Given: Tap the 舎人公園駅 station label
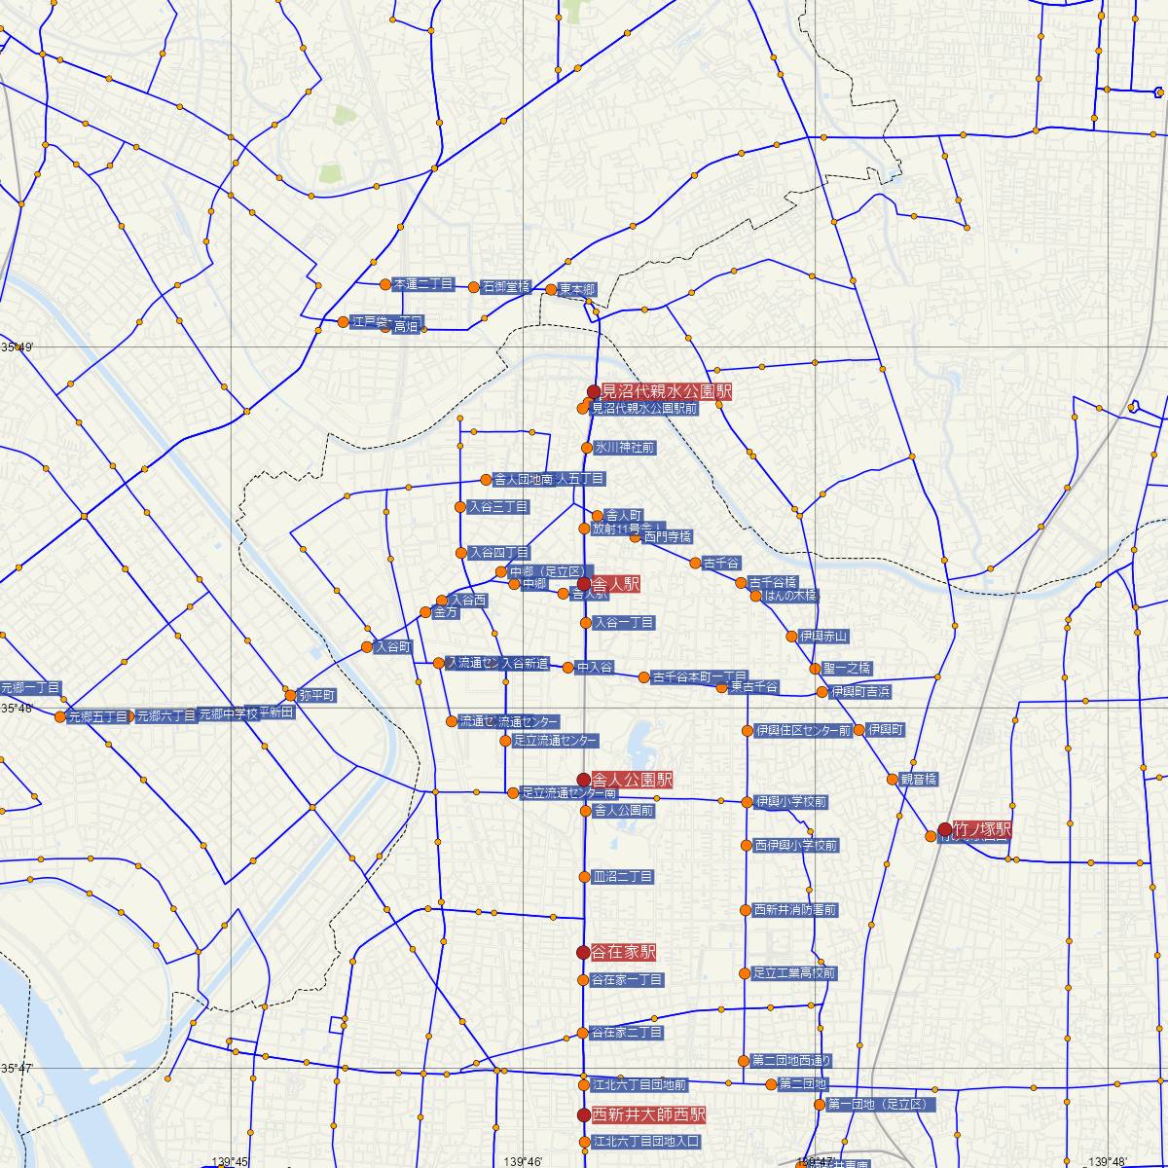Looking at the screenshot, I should coord(632,780).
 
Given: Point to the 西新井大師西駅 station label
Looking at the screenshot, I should coord(648,1114).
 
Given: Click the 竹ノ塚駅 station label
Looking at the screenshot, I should coord(982,830).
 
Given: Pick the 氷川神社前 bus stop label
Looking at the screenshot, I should coord(624,448).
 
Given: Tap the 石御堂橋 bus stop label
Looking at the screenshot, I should coord(505,287).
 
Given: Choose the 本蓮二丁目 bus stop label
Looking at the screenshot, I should coord(423,285).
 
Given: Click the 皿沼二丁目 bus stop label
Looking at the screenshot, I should coord(622,877).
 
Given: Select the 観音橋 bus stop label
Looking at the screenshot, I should coord(918,779).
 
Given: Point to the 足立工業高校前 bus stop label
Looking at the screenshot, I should coord(793,973).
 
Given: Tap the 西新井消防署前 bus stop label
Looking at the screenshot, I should coord(795,910).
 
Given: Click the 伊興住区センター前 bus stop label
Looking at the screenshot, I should coord(803,730).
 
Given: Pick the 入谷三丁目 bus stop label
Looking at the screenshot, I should coord(498,507).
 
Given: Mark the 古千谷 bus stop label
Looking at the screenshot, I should coord(721,564).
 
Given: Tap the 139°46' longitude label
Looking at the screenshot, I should coord(523,1161).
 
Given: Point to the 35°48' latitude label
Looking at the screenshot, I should coord(17,708).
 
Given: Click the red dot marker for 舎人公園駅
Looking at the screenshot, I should coord(583,780).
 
